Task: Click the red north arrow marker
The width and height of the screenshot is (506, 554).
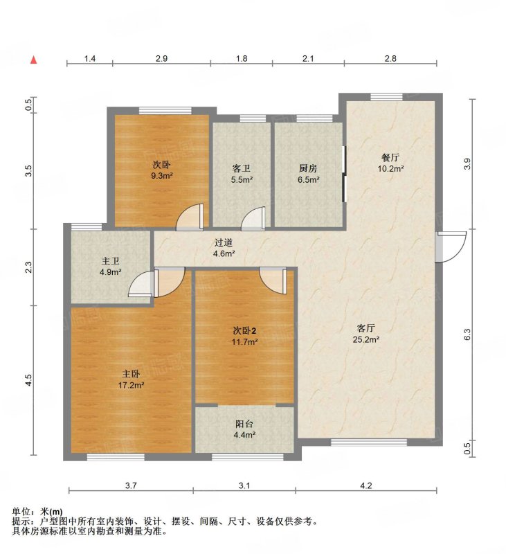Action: (33, 60)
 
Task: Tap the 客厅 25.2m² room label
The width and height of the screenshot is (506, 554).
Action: (365, 334)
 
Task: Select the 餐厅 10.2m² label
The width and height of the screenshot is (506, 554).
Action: (390, 163)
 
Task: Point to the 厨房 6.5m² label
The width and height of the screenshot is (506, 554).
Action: (308, 174)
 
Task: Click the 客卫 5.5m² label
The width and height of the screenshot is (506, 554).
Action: (242, 174)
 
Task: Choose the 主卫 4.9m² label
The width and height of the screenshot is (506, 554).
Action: (111, 267)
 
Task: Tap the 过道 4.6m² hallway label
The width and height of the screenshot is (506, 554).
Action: (224, 248)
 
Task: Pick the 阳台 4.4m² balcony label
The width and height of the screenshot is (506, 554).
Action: (244, 429)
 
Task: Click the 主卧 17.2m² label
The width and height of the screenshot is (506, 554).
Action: (131, 379)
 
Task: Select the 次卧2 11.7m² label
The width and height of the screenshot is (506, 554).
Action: (244, 336)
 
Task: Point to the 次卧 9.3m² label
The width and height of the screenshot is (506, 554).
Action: (161, 170)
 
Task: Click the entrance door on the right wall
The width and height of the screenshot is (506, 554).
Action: (451, 247)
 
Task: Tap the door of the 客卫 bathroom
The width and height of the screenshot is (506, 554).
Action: (253, 219)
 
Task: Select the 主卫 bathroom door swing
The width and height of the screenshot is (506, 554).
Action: (142, 284)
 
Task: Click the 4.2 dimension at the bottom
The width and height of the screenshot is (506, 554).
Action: (365, 486)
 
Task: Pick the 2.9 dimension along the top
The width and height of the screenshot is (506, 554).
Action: (161, 58)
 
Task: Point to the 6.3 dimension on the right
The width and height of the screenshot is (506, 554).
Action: (467, 334)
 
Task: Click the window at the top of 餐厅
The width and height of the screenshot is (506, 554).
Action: (386, 97)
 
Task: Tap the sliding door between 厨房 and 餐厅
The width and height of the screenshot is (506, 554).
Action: (344, 174)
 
